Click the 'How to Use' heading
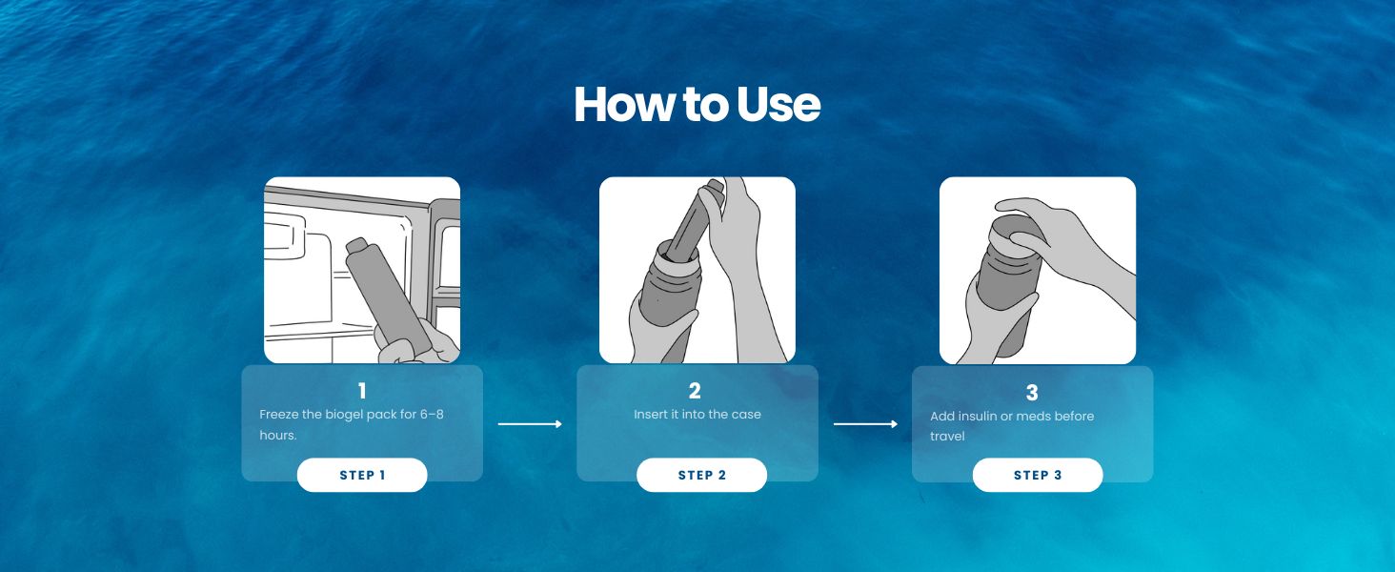point(697,105)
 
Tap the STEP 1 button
point(362,475)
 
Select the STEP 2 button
point(701,475)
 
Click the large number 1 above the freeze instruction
point(362,391)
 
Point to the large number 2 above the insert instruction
point(695,391)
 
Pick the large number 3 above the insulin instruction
point(1032,392)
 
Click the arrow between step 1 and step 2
point(530,424)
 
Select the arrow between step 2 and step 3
point(865,424)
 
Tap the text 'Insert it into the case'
point(697,415)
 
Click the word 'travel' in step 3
point(947,437)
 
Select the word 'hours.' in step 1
point(278,435)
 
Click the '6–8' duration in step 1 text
point(431,415)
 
